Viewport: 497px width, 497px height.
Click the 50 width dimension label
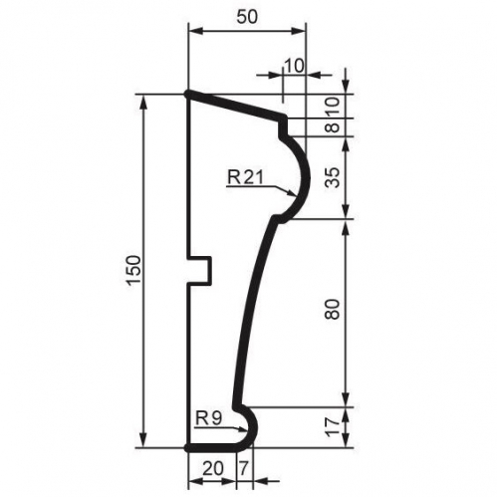[247, 17]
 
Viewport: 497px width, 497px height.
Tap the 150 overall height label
[134, 271]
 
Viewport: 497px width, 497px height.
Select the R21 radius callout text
[246, 177]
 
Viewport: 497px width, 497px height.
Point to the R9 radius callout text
[208, 418]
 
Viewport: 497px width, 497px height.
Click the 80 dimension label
[333, 309]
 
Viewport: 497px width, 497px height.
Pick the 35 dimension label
[333, 177]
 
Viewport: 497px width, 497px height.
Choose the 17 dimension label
[333, 426]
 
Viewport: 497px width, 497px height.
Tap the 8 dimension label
[333, 127]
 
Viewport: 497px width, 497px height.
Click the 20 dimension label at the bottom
[213, 469]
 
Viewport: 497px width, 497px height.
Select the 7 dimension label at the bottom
[244, 469]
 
